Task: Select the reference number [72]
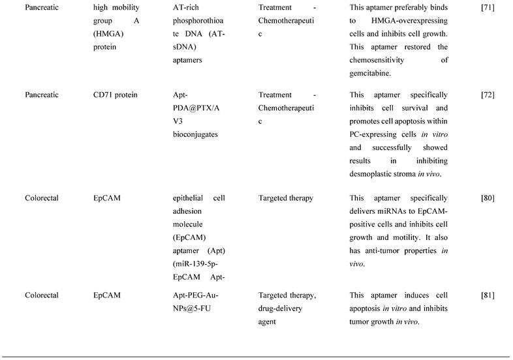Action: pos(488,95)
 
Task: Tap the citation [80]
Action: pos(488,198)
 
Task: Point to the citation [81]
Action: pos(488,295)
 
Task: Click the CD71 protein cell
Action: pos(116,95)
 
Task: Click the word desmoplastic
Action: pos(375,173)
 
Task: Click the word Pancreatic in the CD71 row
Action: pos(42,95)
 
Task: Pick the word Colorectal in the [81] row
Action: pos(42,295)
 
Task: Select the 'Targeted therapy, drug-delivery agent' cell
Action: pos(287,301)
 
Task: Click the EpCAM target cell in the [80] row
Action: pos(106,198)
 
